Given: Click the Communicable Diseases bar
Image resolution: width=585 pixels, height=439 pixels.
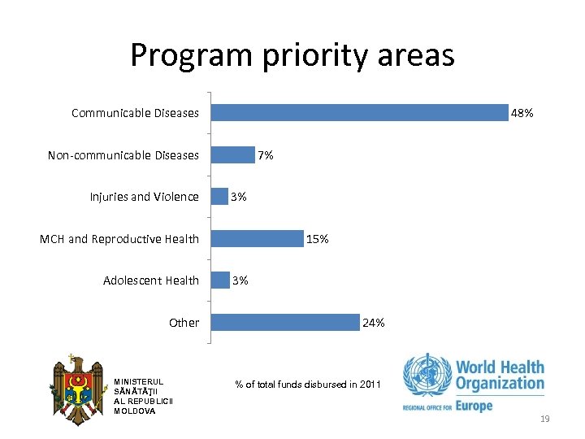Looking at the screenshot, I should [358, 112].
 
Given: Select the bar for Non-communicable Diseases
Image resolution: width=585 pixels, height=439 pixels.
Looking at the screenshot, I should [232, 154].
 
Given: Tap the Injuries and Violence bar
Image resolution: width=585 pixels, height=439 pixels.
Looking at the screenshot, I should [219, 196].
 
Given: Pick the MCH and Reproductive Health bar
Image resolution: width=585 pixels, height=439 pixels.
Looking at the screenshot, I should [256, 238].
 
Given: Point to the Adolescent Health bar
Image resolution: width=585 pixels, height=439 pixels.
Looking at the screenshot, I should [219, 280].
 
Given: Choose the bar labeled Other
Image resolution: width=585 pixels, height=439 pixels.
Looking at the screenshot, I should [284, 322].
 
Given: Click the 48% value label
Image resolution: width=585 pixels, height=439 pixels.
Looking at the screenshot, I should [522, 113].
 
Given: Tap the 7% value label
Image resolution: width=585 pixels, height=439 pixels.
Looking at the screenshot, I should [266, 154].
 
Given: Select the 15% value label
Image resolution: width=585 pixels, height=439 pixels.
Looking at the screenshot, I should [317, 239].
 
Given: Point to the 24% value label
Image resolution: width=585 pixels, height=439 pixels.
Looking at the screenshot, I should [374, 323].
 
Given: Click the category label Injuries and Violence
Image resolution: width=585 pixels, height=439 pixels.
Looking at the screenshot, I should [144, 197].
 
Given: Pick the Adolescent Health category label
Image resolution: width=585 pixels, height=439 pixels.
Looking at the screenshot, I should [151, 280].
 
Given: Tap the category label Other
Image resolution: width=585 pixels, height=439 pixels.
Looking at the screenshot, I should [184, 323].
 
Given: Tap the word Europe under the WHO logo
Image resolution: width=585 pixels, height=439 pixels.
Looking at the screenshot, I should [474, 404].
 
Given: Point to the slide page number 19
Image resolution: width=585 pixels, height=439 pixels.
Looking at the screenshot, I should [544, 419].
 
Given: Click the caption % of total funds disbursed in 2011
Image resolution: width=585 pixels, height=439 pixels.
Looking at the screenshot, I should [306, 384].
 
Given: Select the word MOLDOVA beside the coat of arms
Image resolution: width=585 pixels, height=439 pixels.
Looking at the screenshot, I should [135, 411].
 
